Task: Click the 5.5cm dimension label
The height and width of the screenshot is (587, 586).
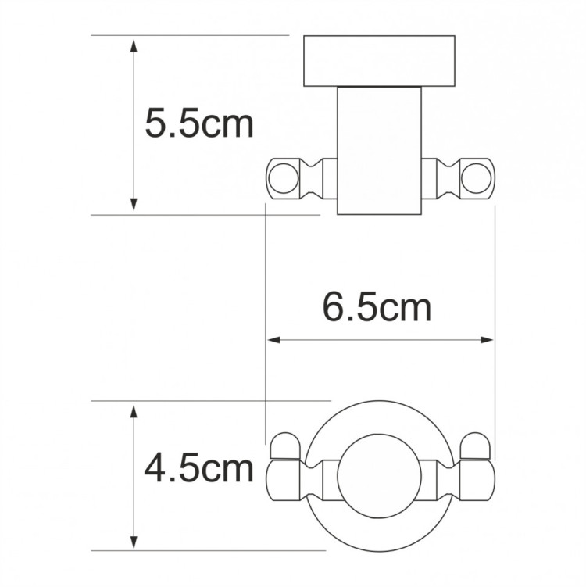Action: pyautogui.click(x=200, y=123)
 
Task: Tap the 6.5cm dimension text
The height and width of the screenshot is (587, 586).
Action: pyautogui.click(x=377, y=307)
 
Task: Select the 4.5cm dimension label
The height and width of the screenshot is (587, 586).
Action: pyautogui.click(x=199, y=468)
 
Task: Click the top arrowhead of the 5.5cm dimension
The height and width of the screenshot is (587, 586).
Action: pyautogui.click(x=134, y=42)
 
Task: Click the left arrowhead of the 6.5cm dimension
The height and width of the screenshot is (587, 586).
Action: pyautogui.click(x=273, y=340)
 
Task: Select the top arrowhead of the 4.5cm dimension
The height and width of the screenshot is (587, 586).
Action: pyautogui.click(x=134, y=410)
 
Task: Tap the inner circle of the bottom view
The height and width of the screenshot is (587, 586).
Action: pyautogui.click(x=379, y=473)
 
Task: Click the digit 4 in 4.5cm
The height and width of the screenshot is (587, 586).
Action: pyautogui.click(x=156, y=468)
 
